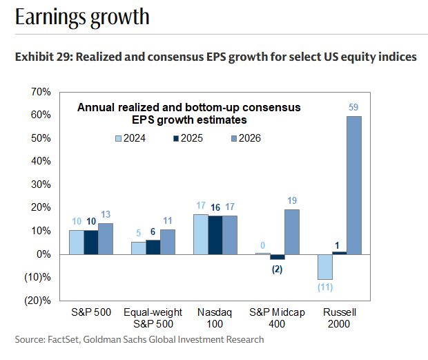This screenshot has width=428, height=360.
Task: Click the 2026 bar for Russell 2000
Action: (x=353, y=184)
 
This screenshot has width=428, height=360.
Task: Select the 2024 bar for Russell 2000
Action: (x=324, y=266)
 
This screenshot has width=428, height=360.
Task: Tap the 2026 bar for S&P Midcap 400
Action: (x=291, y=231)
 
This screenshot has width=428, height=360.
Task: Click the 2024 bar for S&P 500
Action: (x=76, y=242)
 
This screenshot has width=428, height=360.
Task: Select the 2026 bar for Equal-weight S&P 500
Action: (x=167, y=241)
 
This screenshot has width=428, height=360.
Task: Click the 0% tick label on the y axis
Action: (x=43, y=254)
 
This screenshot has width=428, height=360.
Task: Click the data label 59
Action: (x=353, y=107)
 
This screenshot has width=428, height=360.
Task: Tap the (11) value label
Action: (x=324, y=287)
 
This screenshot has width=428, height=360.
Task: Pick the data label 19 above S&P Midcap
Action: (x=291, y=200)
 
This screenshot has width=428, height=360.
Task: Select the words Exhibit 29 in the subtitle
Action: (x=41, y=57)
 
